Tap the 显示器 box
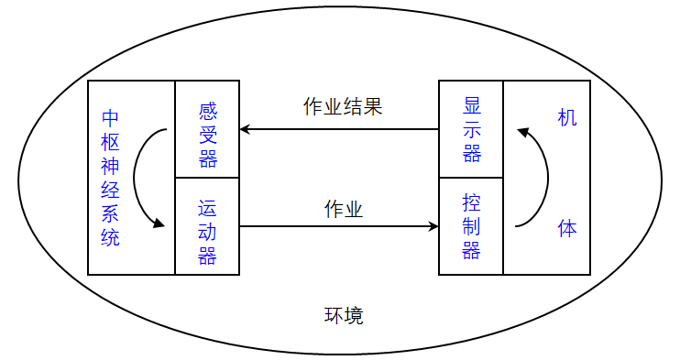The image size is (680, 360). click(472, 129)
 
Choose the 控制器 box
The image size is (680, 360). click(472, 226)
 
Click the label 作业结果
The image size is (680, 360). click(343, 106)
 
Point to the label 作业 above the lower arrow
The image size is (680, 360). click(344, 210)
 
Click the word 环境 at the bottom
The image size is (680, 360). click(344, 316)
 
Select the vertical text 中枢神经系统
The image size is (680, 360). click(111, 179)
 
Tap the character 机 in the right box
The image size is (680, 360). click(567, 118)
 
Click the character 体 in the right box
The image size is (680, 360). click(567, 229)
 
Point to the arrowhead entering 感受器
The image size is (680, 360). click(246, 129)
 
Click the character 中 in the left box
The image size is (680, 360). click(111, 119)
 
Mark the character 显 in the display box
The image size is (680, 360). click(472, 105)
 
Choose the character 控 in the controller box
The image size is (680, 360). click(472, 202)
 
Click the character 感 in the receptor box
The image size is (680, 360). click(208, 112)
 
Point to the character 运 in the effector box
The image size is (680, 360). click(208, 208)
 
